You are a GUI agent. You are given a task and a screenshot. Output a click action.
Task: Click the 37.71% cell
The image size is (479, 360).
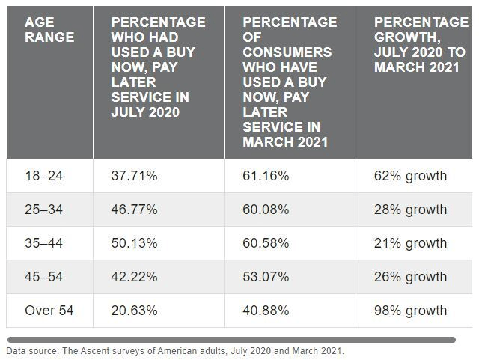tap(134, 176)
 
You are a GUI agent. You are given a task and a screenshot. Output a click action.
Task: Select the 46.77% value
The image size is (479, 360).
tap(134, 210)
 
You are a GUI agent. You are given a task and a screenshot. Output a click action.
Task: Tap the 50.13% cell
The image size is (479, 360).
tap(134, 243)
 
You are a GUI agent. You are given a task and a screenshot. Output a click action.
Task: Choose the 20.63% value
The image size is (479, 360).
tap(134, 311)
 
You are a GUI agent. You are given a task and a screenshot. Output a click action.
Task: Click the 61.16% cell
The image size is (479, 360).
tap(266, 176)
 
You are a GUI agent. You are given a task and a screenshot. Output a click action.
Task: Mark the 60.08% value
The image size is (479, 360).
tap(266, 210)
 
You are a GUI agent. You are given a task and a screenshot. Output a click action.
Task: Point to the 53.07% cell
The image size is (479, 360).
tap(266, 277)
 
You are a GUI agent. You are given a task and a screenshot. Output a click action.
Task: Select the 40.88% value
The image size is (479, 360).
tap(266, 311)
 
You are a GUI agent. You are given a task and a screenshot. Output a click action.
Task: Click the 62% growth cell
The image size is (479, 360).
tap(411, 176)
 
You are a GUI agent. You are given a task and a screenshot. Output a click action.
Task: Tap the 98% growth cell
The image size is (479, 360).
tap(411, 311)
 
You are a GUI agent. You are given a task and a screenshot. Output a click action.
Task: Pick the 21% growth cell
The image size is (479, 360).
tap(411, 243)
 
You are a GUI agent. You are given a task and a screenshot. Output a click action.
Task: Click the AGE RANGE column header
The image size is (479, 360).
tap(49, 29)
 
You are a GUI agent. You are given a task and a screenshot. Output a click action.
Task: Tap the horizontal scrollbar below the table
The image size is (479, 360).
tap(231, 339)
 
